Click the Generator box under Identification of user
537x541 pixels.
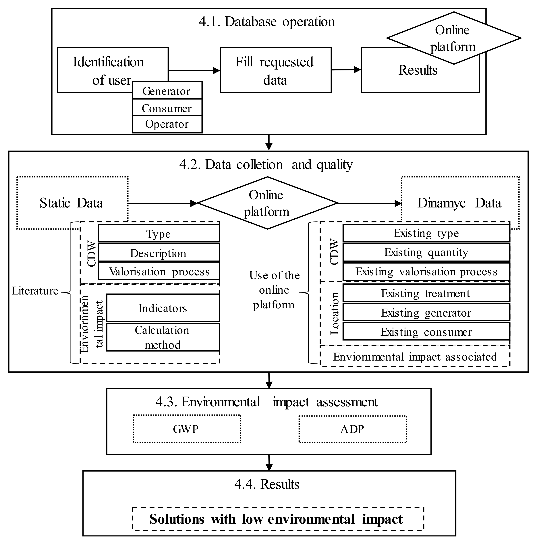click(167, 91)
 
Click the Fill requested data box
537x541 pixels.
click(275, 70)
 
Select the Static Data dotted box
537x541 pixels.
click(72, 203)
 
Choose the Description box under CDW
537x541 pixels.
click(159, 253)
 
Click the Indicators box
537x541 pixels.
click(163, 308)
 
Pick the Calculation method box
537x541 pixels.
click(163, 337)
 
